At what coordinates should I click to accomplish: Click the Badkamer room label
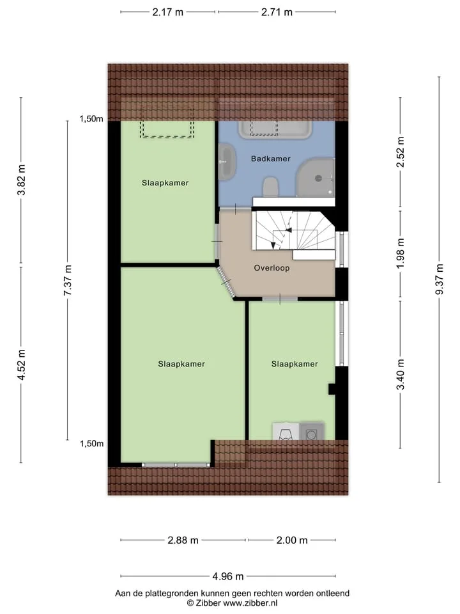coord(271,159)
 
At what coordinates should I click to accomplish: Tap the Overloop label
coord(272,268)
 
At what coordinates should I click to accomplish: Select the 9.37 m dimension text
coord(440,279)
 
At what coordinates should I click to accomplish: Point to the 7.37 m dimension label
coord(67,280)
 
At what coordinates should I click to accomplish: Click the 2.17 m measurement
coord(168,12)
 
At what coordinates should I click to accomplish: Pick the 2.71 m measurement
coord(277,12)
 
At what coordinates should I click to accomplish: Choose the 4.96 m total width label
coord(228,576)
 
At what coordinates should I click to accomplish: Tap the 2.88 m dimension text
coord(183,540)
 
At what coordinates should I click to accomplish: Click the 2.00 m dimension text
coord(292,540)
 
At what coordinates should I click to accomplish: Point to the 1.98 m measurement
coord(400,253)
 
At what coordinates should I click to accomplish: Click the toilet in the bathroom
coord(270,187)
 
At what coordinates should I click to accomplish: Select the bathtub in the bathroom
coord(275,130)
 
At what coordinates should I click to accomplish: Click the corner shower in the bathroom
coord(316,177)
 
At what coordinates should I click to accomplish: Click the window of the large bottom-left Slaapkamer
coord(176,465)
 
